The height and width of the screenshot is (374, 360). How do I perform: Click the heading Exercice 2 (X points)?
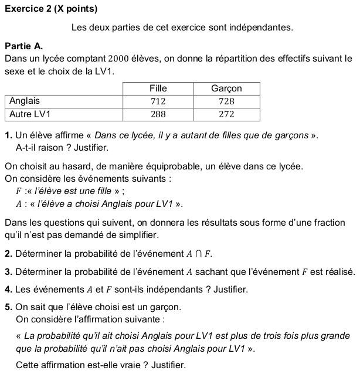[50, 9]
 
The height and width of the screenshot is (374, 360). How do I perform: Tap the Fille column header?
[158, 89]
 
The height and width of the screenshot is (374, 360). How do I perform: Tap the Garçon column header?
[226, 89]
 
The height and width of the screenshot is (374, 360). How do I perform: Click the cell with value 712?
[158, 101]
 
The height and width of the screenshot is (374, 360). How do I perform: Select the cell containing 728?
[226, 101]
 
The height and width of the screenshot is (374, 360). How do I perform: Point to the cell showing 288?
[158, 114]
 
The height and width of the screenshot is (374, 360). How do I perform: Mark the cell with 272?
[226, 114]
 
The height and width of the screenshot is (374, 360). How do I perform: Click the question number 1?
[8, 136]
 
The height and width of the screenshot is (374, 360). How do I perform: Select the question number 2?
[8, 254]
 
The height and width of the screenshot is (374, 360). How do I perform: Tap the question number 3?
[8, 272]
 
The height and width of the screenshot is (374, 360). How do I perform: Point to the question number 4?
[8, 290]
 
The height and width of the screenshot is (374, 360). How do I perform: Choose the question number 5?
[8, 307]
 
